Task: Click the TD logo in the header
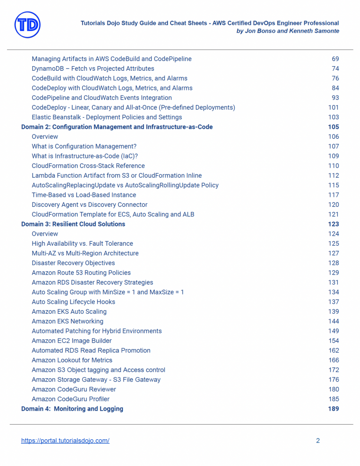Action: (27, 25)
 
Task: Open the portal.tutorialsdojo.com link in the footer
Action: (65, 441)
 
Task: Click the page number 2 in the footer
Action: (318, 441)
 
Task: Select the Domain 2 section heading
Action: (117, 127)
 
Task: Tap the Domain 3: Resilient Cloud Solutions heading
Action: (73, 224)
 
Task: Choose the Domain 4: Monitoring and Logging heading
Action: (72, 409)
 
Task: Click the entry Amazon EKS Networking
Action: (67, 321)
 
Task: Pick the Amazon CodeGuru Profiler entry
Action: (70, 399)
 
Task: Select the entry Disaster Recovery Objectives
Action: (73, 263)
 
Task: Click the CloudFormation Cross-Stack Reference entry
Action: (88, 166)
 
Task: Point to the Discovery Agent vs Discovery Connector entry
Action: (90, 205)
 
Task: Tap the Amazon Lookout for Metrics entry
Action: (72, 360)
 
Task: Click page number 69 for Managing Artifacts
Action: (335, 59)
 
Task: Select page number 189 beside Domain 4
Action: (333, 409)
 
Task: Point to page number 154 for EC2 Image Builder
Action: (333, 341)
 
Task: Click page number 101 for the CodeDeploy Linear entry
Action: (333, 107)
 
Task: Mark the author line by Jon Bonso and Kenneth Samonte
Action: (288, 31)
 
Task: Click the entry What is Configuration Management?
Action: (84, 146)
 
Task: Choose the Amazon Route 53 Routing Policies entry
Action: (81, 273)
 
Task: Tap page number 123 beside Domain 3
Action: (333, 224)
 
